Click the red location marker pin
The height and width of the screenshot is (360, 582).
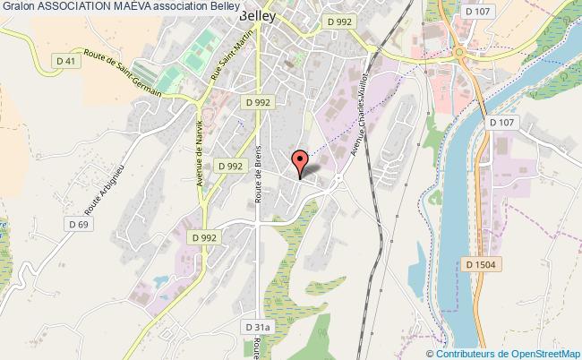pyautogui.click(x=301, y=160)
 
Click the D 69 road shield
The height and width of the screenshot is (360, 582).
pyautogui.click(x=76, y=223)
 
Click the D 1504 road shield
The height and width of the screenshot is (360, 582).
pyautogui.click(x=481, y=263)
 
